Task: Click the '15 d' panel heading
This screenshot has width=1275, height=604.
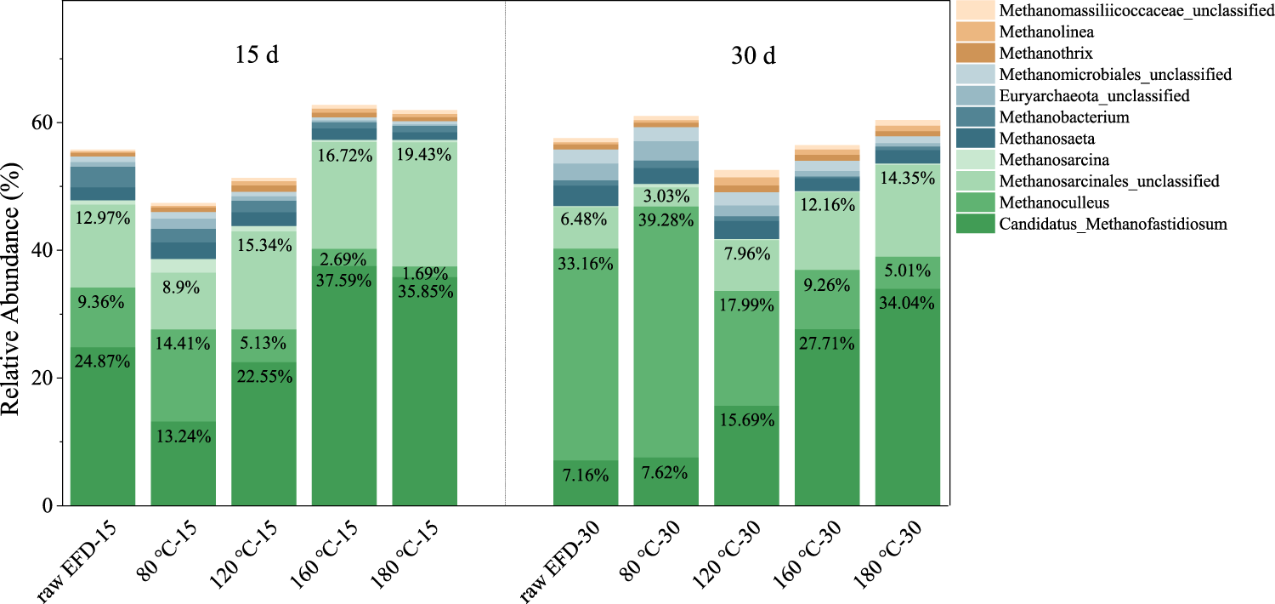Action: pos(258,56)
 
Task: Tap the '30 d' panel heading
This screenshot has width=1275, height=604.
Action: pos(753,56)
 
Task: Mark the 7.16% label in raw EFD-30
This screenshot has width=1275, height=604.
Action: pos(586,474)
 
